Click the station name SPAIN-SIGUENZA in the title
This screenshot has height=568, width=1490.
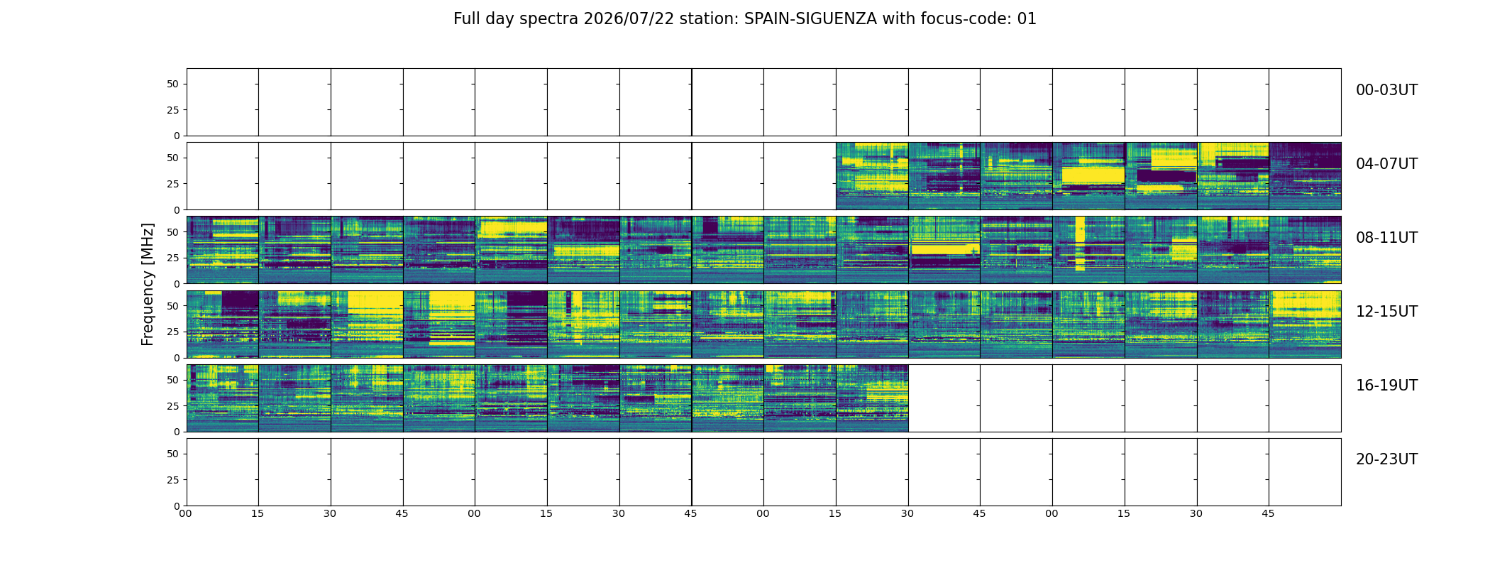click(x=810, y=19)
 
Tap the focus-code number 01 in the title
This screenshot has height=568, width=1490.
click(x=1027, y=19)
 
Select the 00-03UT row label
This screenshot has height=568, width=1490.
click(x=1386, y=90)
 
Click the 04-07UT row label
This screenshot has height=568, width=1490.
click(x=1386, y=164)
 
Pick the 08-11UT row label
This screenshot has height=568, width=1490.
click(x=1386, y=238)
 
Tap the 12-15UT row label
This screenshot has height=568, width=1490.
click(x=1386, y=312)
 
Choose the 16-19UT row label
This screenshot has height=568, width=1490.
click(x=1386, y=386)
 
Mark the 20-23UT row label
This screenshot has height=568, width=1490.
click(x=1386, y=459)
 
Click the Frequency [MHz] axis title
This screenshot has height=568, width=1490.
click(x=148, y=284)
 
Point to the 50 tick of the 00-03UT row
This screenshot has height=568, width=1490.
click(x=173, y=84)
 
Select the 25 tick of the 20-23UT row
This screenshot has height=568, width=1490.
click(x=173, y=480)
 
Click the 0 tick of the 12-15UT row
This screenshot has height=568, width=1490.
click(x=177, y=358)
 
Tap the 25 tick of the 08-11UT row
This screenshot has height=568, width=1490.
click(x=173, y=258)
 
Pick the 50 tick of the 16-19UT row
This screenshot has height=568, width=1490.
click(x=173, y=380)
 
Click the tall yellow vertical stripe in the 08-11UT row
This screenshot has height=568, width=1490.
click(x=1080, y=244)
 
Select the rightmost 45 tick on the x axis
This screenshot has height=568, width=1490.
click(x=1269, y=513)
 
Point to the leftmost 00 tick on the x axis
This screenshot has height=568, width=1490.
click(x=186, y=513)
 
